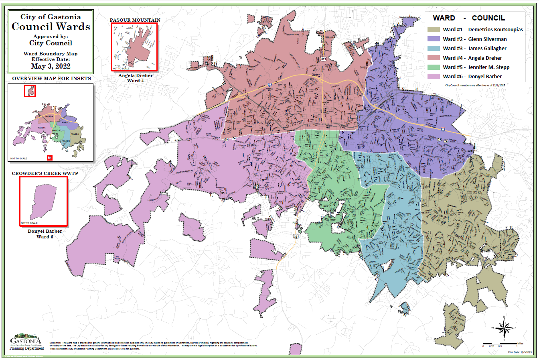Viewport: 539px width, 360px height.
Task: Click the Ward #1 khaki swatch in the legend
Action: coord(434,30)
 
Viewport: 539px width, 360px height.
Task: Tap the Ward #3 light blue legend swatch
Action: coord(434,49)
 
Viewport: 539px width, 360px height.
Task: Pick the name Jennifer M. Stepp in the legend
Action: coord(489,67)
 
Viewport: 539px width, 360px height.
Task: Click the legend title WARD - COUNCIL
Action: coord(469,18)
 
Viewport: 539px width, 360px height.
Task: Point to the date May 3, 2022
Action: coord(51,67)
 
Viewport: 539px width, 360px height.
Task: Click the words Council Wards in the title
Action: coord(51,27)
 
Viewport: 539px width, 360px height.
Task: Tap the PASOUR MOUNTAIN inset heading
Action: coord(135,20)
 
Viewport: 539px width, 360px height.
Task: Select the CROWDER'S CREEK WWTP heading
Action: coord(45,173)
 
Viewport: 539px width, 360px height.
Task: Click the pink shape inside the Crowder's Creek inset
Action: coord(43,201)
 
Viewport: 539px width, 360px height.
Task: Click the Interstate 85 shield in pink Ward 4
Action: coord(269,85)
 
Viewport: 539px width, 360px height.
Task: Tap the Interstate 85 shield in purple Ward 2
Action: coord(443,129)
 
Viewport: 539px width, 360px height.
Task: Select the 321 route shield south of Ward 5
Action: coord(296,236)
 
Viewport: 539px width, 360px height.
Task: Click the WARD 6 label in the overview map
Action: coord(41,128)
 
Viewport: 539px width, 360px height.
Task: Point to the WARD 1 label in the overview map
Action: coord(75,134)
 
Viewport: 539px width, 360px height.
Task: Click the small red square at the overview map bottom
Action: coord(49,158)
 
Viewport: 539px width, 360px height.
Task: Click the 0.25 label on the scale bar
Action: coord(491,346)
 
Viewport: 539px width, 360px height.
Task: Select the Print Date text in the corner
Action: coord(519,352)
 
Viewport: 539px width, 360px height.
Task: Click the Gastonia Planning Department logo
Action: coord(26,342)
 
